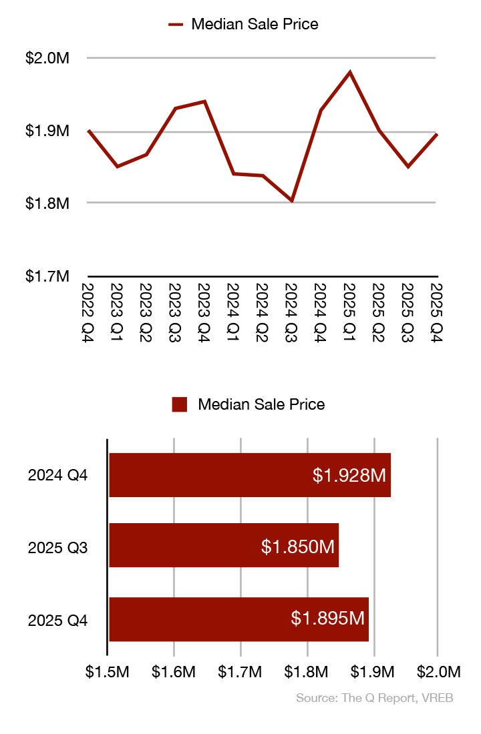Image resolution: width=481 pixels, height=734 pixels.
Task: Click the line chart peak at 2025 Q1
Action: [349, 72]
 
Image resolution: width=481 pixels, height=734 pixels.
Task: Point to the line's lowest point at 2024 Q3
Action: [292, 200]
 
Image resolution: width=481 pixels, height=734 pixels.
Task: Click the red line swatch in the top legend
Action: [176, 25]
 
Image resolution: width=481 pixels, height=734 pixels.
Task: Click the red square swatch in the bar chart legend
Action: [179, 404]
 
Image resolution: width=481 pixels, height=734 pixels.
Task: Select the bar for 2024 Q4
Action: [249, 475]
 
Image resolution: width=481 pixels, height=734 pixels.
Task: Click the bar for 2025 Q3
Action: [224, 545]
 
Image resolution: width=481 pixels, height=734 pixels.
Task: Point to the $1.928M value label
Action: [349, 475]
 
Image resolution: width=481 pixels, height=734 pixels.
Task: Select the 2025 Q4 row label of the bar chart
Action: [58, 620]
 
